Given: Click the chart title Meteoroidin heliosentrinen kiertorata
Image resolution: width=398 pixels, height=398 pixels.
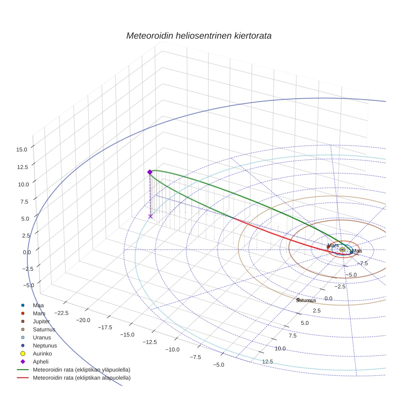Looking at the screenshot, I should coord(199,36).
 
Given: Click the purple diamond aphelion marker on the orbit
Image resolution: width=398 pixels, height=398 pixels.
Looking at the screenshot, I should coord(150,172).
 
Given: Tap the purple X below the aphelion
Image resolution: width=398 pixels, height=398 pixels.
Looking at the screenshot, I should coord(150,216).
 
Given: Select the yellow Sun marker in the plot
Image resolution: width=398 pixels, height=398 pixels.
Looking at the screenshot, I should coord(342,250).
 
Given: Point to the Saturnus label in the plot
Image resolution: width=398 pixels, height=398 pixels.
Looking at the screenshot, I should coord(306,301).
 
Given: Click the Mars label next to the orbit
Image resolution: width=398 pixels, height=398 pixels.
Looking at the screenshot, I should coord(333,246).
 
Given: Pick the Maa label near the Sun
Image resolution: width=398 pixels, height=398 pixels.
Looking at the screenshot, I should coord(357,251).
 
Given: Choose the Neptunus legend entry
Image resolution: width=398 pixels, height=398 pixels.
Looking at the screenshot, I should coord(44,345).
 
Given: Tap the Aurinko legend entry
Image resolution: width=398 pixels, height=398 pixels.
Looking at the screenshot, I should coord(42,354).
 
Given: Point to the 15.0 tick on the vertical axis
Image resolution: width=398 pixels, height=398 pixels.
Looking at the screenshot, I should coord(22,149).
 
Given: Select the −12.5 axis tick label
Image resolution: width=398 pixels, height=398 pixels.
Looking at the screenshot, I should coord(150,342).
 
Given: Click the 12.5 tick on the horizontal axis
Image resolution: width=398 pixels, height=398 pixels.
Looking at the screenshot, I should coord(268,362).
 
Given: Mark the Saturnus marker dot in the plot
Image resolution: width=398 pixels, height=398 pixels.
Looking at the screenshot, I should coord(298,300).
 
